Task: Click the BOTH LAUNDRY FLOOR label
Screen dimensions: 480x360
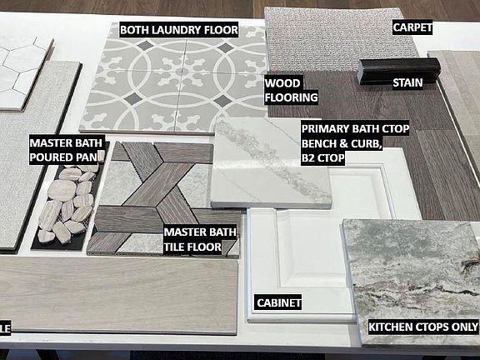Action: point(179,30)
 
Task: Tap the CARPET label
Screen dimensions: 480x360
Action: point(412,27)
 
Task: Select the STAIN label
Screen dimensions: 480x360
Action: point(407,82)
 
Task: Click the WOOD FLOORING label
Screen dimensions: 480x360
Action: point(291,90)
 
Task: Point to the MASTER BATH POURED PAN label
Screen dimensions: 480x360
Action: point(67,150)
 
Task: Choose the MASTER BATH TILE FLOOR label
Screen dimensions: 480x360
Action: point(200,239)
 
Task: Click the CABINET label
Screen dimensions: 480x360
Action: point(278,302)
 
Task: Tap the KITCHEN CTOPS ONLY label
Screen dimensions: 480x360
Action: point(423,327)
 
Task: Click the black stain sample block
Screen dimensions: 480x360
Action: point(399,71)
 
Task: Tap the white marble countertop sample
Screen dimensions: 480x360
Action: point(271,162)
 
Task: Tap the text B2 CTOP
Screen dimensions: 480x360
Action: point(323,158)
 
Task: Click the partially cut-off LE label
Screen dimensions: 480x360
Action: point(5,328)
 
